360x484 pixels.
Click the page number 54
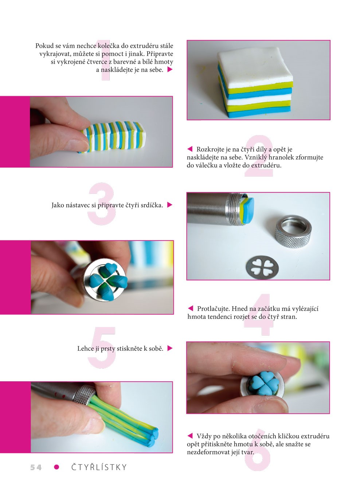(x=36, y=467)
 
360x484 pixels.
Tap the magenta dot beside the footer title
(x=56, y=467)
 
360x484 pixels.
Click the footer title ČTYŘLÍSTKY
(x=99, y=467)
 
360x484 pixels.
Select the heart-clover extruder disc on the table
(x=262, y=268)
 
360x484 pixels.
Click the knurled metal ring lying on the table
(x=293, y=231)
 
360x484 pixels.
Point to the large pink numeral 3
(x=102, y=204)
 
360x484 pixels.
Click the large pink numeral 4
(x=259, y=315)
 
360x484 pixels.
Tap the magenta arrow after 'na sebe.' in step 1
(x=170, y=70)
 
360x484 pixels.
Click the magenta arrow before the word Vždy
(x=190, y=436)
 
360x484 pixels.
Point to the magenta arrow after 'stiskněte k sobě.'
(x=170, y=348)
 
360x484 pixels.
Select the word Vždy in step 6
(x=204, y=436)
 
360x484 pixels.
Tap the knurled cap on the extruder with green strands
(x=84, y=394)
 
